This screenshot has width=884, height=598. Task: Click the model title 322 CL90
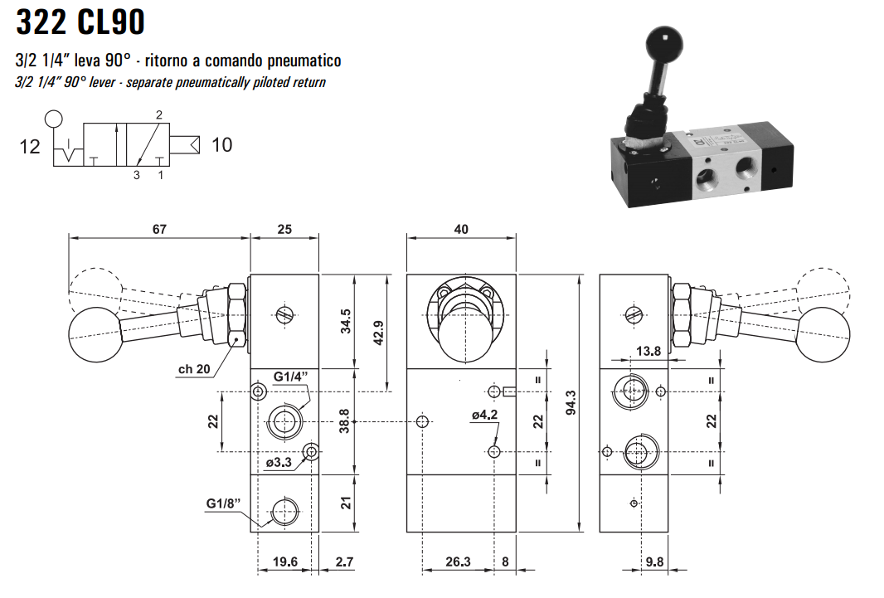80,22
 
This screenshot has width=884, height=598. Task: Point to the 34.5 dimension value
346,321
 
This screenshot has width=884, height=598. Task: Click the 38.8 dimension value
346,421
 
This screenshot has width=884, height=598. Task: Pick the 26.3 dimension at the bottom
458,562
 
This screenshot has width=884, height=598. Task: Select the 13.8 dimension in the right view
648,351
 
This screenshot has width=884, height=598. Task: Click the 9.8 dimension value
655,562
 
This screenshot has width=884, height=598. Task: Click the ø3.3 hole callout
279,463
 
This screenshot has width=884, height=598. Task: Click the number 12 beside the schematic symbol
30,147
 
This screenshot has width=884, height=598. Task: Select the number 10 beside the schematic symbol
221,145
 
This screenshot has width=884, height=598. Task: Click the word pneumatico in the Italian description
302,61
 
